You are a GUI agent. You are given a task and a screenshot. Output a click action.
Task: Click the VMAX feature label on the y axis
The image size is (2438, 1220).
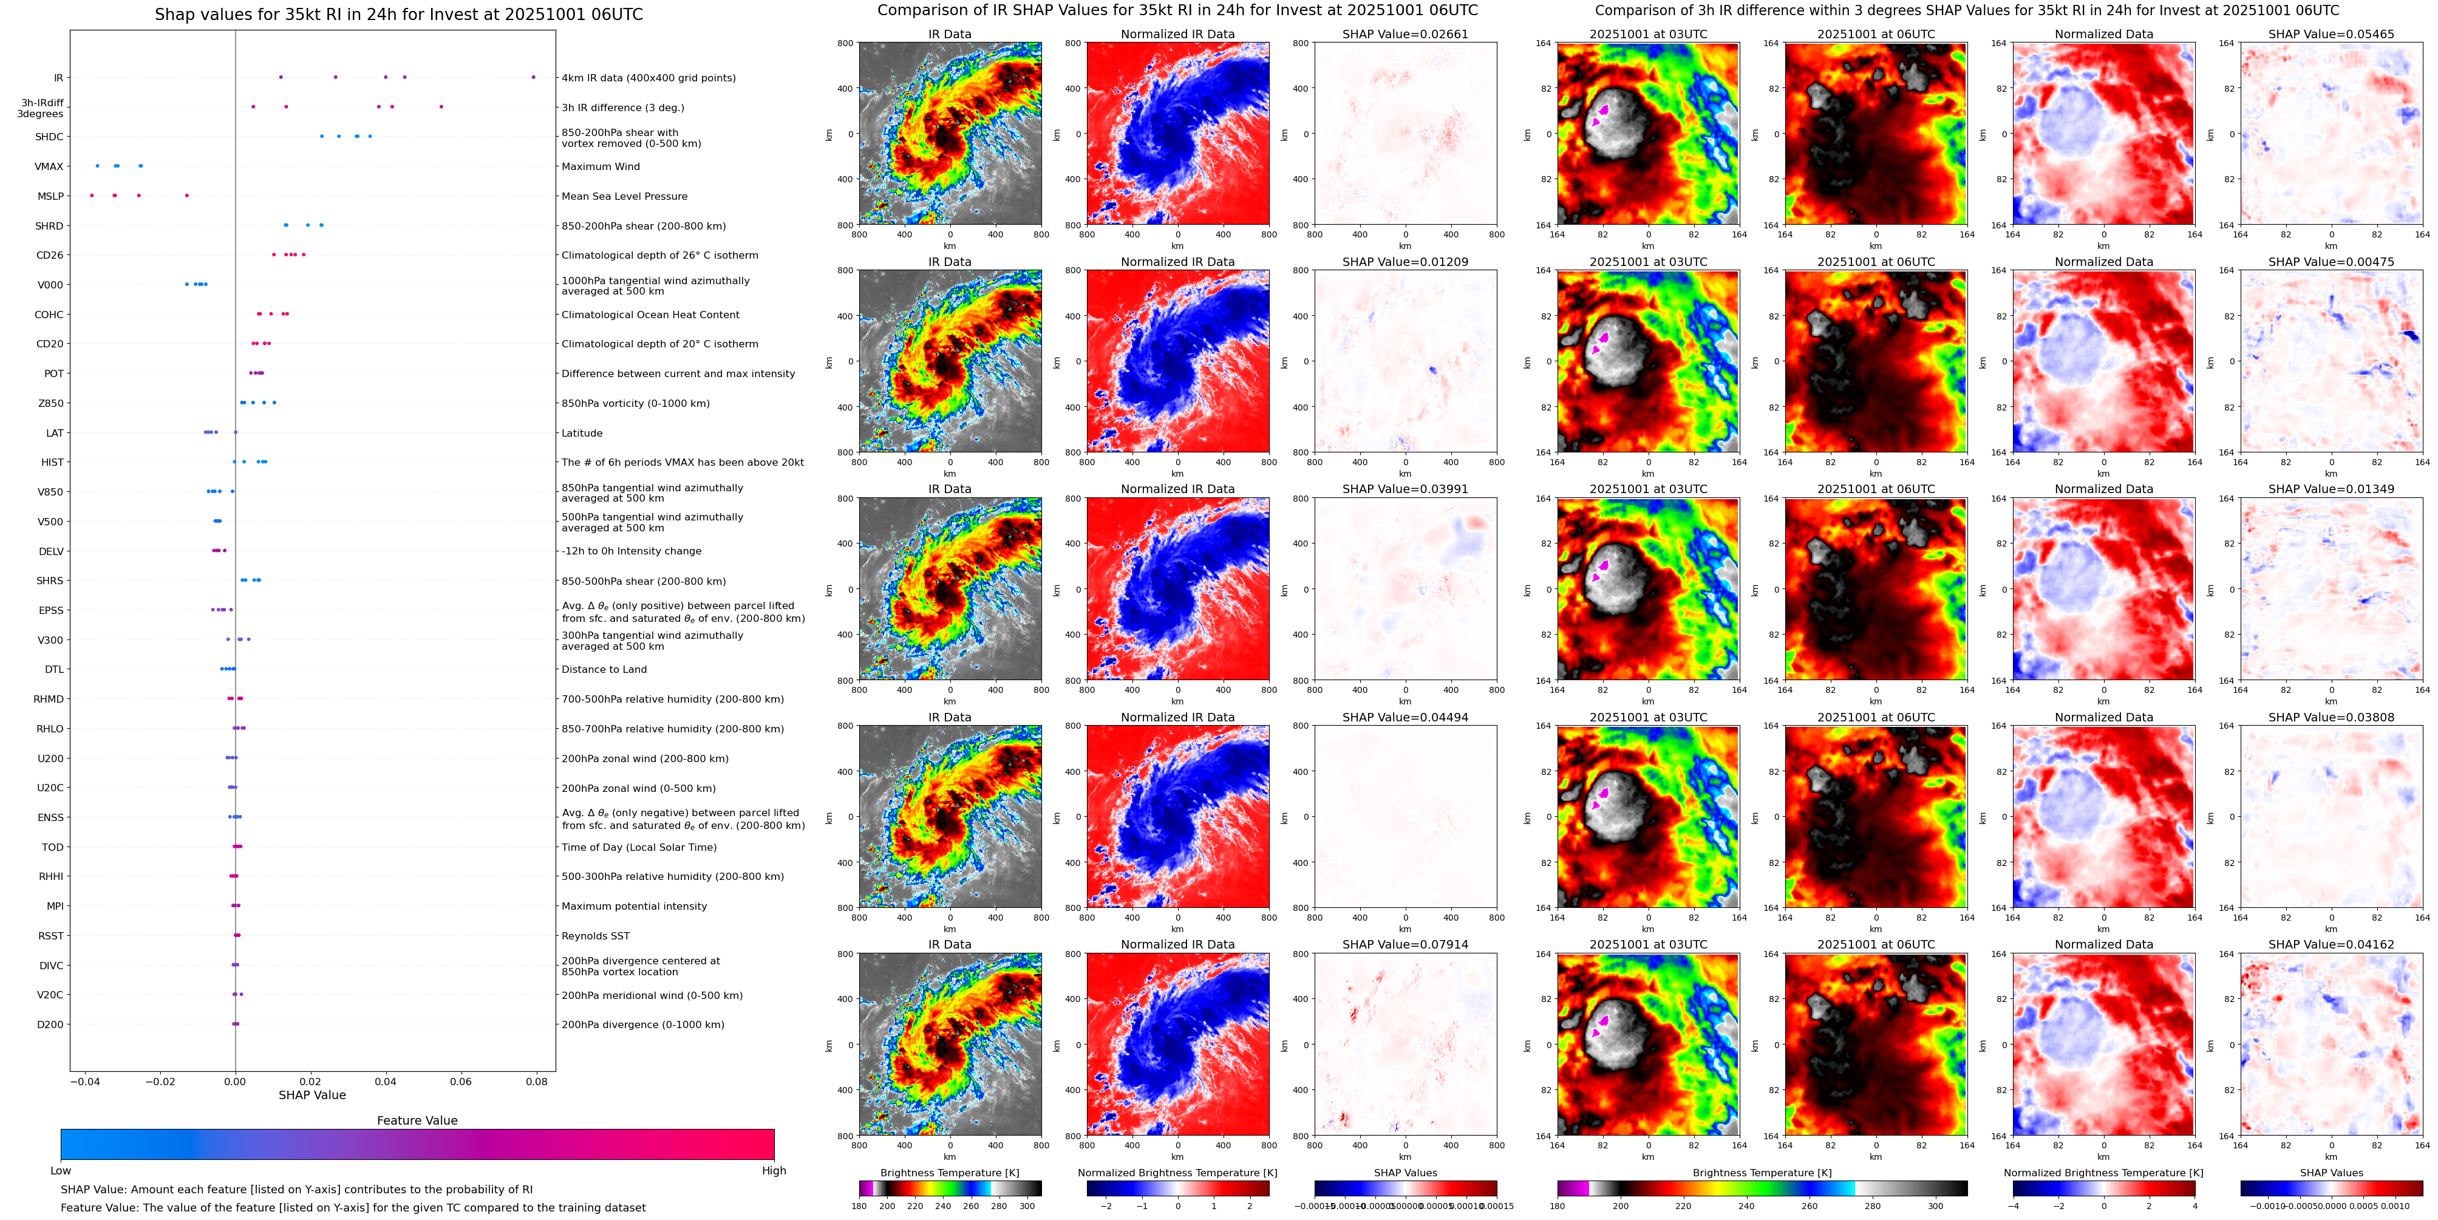click(49, 166)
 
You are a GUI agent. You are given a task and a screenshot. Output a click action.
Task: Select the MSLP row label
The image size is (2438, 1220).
click(50, 196)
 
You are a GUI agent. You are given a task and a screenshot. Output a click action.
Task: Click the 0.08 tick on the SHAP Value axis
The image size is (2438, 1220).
click(537, 1081)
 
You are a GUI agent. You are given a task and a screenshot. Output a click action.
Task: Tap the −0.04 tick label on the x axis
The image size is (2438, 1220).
click(84, 1081)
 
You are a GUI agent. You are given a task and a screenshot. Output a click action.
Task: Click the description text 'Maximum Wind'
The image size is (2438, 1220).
click(600, 166)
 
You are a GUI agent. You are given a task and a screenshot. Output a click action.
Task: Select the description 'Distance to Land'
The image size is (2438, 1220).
click(604, 669)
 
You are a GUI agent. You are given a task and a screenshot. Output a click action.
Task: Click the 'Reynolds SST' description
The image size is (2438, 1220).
click(595, 936)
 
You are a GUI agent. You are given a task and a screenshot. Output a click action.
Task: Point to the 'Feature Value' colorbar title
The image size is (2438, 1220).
click(417, 1120)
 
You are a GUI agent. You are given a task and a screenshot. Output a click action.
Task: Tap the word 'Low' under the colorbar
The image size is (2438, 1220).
click(61, 1171)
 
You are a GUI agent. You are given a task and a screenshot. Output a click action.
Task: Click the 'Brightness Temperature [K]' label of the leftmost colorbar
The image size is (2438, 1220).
click(949, 1173)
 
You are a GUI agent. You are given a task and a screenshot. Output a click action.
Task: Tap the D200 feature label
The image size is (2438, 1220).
click(50, 1024)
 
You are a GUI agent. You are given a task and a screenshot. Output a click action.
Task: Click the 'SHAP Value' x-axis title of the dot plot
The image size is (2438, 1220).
click(312, 1095)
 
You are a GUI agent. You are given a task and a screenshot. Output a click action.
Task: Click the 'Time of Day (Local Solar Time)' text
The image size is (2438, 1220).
click(639, 847)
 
